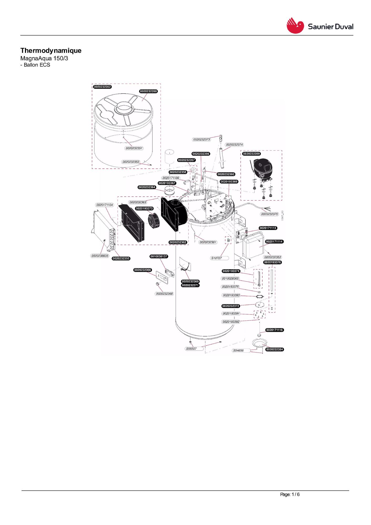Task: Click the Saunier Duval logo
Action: tap(320, 26)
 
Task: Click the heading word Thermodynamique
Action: tap(51, 51)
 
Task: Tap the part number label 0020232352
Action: tap(102, 87)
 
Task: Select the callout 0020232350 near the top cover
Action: tap(148, 91)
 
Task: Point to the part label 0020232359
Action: tap(252, 154)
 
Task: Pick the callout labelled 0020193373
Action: tap(144, 208)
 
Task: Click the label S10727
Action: tap(217, 258)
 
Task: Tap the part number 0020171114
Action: tap(274, 242)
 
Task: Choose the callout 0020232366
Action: tap(143, 270)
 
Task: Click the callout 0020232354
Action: tap(275, 349)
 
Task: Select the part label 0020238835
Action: tap(100, 256)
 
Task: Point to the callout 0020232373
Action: tap(202, 139)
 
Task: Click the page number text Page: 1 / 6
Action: tap(290, 494)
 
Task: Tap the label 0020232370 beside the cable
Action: tap(270, 214)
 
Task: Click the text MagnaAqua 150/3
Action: tap(44, 58)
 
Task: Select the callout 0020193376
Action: tap(273, 262)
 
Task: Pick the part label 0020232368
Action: tap(164, 294)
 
